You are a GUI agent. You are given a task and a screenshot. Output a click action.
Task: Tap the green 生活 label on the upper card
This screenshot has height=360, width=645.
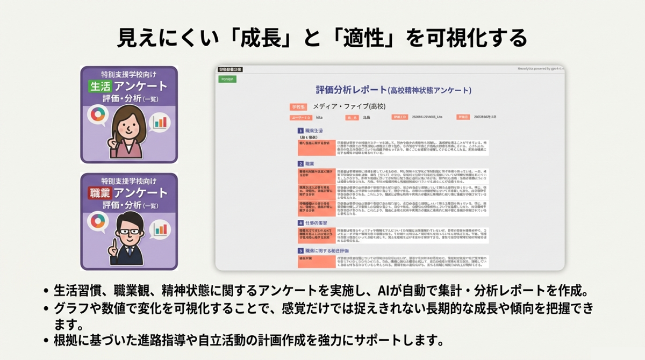click(99, 86)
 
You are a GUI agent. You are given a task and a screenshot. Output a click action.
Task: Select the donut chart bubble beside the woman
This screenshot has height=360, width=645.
click(98, 116)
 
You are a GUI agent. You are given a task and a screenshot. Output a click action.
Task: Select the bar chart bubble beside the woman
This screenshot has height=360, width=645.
click(159, 121)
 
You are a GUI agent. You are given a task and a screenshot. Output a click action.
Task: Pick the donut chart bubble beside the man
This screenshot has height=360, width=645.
click(98, 221)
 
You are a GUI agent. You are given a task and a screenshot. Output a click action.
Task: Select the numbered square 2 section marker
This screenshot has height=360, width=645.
click(300, 163)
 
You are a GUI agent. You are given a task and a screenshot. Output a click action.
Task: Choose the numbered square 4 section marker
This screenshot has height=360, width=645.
click(300, 222)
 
